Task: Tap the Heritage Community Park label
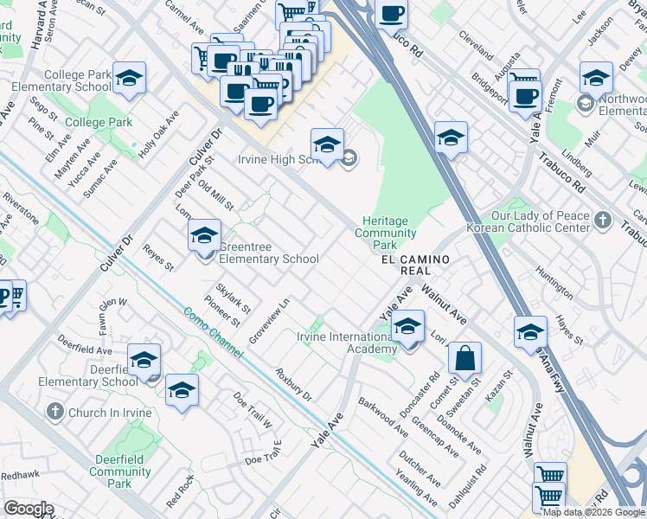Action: click(x=385, y=234)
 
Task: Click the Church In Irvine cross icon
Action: click(x=56, y=412)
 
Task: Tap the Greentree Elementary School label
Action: click(x=269, y=259)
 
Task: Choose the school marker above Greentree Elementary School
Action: click(x=204, y=236)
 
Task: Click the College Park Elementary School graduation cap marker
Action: click(x=129, y=80)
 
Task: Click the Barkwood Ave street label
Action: click(x=383, y=416)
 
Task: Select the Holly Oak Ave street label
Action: click(x=160, y=134)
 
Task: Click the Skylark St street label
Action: click(x=234, y=297)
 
